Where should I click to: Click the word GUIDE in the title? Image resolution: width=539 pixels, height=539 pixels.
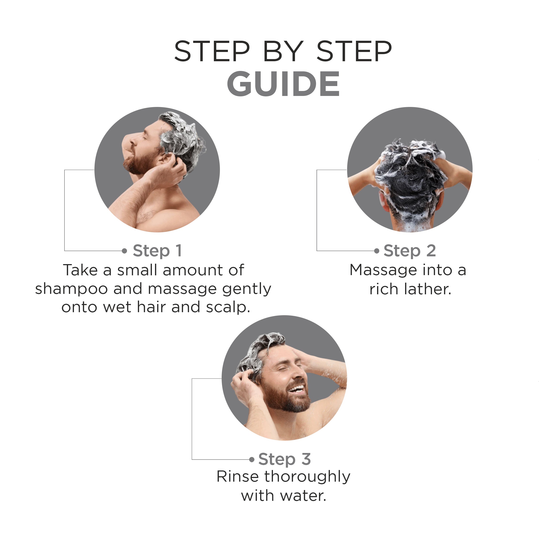284,84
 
